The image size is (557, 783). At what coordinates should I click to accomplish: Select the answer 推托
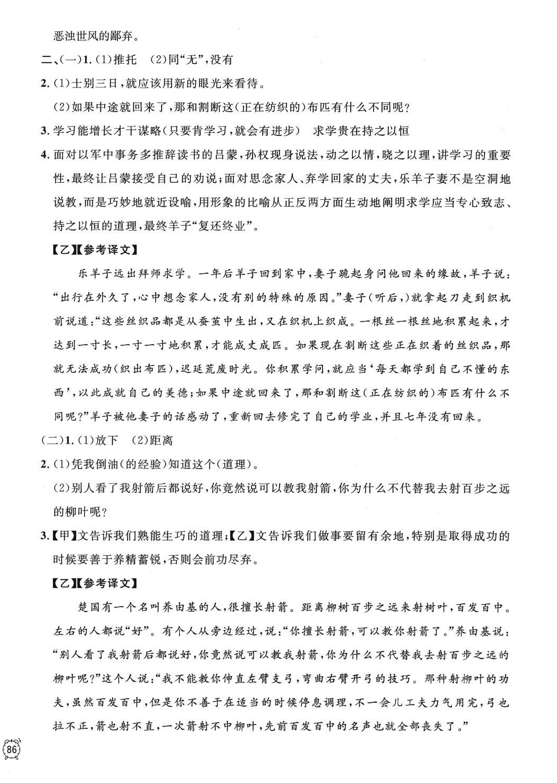tap(125, 59)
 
